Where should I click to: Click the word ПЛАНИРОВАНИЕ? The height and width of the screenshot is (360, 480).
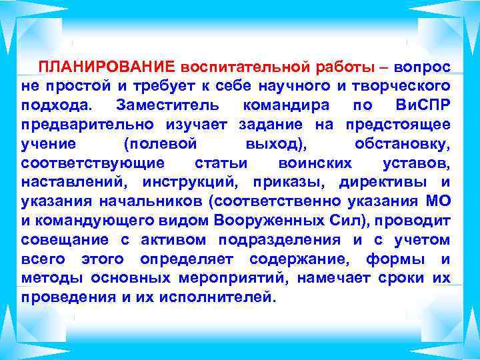[106, 67]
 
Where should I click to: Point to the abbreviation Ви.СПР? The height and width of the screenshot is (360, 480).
[423, 105]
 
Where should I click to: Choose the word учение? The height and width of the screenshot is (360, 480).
[48, 144]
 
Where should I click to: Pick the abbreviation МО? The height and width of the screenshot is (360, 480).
[437, 201]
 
